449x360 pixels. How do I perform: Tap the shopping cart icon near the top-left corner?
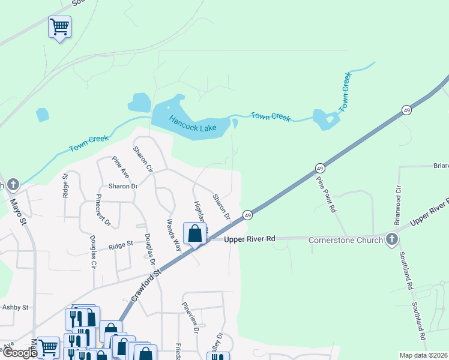pos(59,26)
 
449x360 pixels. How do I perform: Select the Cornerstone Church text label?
pos(345,241)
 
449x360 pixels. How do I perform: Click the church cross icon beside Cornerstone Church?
pos(392,241)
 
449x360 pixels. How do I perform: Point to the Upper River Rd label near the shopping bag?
pos(249,239)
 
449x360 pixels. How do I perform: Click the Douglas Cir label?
pos(93,254)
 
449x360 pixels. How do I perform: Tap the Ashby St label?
pos(16,307)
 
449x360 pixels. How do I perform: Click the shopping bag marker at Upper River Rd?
pos(195,234)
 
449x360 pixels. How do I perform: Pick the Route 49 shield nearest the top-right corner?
pos(406,110)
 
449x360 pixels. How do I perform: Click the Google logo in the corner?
pos(19,353)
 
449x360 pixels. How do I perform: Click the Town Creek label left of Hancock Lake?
pos(89,143)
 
